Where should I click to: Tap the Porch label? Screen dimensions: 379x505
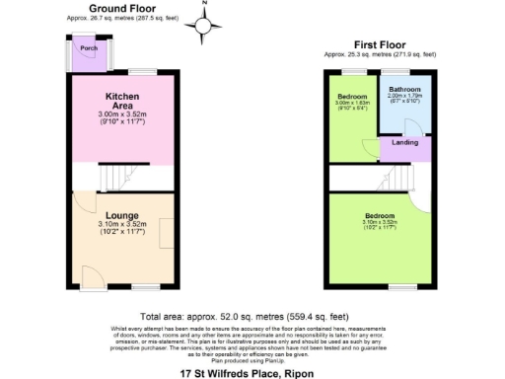[x=88, y=47]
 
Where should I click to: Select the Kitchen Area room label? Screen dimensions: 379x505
[x=122, y=100]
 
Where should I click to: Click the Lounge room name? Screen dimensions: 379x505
[x=122, y=215]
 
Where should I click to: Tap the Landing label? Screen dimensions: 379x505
[x=405, y=143]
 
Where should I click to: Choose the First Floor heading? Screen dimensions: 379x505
[x=380, y=43]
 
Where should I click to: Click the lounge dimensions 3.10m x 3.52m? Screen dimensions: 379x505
[x=122, y=225]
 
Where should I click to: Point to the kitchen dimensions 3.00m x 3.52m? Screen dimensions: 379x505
[x=122, y=114]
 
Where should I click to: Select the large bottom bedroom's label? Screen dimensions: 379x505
[x=380, y=216]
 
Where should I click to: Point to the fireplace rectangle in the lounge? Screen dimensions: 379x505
[x=168, y=234]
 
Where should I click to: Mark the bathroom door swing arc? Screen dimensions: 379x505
[x=418, y=129]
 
